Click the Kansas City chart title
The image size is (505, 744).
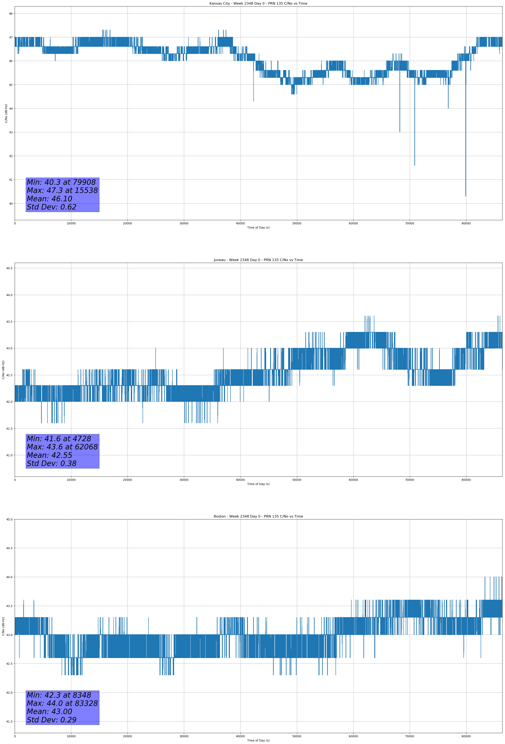pyautogui.click(x=258, y=4)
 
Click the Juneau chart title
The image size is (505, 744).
pyautogui.click(x=258, y=260)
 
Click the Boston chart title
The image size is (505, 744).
pyautogui.click(x=258, y=516)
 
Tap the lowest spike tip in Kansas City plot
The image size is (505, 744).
pyautogui.click(x=466, y=196)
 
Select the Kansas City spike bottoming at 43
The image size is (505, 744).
pyautogui.click(x=400, y=131)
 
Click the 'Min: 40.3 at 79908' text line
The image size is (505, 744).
pyautogui.click(x=61, y=182)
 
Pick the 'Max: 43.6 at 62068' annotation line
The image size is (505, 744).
pyautogui.click(x=62, y=447)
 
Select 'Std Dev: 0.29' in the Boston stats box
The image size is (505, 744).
pyautogui.click(x=52, y=720)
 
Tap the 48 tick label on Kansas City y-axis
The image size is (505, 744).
pyautogui.click(x=10, y=14)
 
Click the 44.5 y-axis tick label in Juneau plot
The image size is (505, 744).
pyautogui.click(x=9, y=268)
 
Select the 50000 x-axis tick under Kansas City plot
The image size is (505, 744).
pyautogui.click(x=297, y=224)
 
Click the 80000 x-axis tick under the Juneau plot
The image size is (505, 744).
pyautogui.click(x=466, y=480)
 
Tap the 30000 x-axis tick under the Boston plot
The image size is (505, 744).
pyautogui.click(x=184, y=736)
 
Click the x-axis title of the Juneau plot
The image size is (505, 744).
pyautogui.click(x=258, y=484)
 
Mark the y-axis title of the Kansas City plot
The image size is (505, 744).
pyautogui.click(x=6, y=113)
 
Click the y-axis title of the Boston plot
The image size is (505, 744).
pyautogui.click(x=3, y=626)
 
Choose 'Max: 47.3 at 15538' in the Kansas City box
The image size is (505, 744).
pyautogui.click(x=62, y=190)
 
